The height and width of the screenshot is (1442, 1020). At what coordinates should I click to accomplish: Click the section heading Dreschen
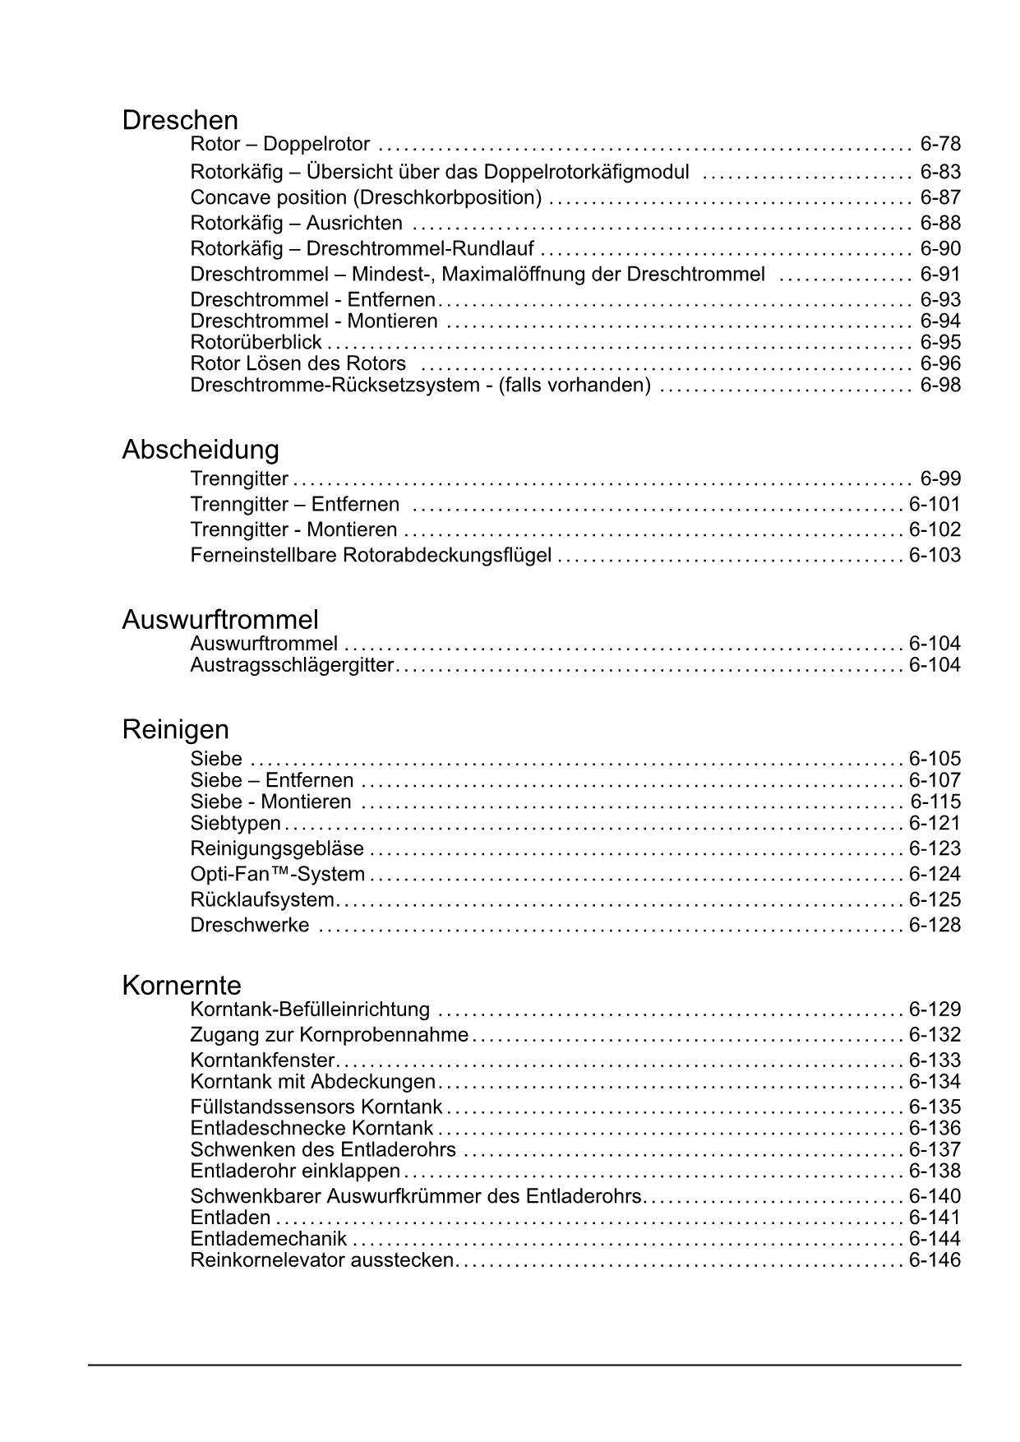pos(180,121)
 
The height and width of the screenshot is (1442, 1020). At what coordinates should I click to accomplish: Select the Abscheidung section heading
pos(201,450)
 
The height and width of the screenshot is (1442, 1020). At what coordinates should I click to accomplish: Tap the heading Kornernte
pos(182,985)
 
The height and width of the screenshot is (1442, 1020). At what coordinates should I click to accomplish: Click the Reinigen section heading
pos(175,729)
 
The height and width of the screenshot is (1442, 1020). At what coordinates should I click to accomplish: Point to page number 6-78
pos(940,145)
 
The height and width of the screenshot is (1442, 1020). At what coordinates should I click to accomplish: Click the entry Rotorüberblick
pos(256,342)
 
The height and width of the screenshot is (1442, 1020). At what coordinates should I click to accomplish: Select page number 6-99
pos(940,478)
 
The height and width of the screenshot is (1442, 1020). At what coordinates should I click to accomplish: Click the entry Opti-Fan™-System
pos(277,874)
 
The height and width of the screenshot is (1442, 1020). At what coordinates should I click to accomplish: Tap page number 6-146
pos(935,1260)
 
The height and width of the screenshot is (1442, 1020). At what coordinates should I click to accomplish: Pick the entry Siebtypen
pos(235,823)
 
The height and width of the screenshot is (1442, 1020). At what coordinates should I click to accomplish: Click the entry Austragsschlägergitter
pos(292,664)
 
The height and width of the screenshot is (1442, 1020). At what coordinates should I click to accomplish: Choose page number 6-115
pos(935,802)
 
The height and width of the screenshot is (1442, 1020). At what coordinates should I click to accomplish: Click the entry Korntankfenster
pos(262,1061)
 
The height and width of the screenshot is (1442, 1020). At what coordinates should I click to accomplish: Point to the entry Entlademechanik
pos(268,1239)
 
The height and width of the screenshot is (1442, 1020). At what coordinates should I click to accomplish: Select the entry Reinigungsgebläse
pos(277,848)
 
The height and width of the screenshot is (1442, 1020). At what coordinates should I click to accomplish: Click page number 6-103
pos(935,555)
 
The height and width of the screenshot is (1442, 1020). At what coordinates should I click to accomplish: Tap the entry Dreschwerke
pos(250,925)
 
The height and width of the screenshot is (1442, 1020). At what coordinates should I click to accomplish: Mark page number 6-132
pos(935,1035)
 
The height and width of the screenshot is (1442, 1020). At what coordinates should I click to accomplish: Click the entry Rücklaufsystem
pos(262,899)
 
